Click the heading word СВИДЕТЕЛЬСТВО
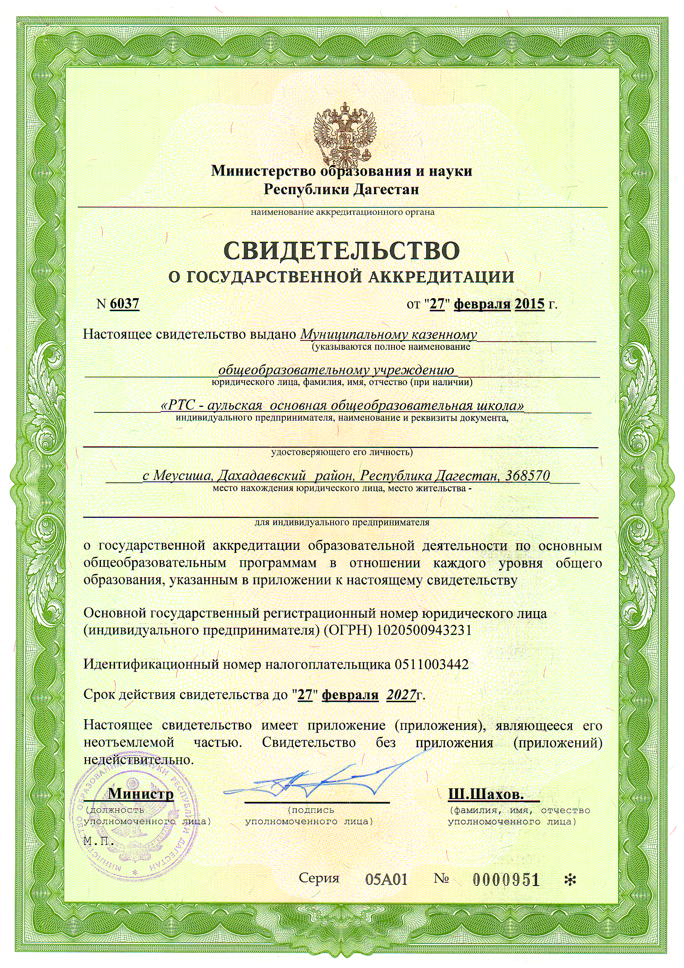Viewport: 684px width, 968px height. pyautogui.click(x=341, y=251)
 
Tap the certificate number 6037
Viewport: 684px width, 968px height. pyautogui.click(x=124, y=303)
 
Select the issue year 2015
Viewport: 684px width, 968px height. pyautogui.click(x=529, y=303)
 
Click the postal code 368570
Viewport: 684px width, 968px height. pyautogui.click(x=528, y=476)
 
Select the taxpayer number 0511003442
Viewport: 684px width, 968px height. pyautogui.click(x=432, y=665)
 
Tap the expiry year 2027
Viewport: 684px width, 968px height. pyautogui.click(x=401, y=694)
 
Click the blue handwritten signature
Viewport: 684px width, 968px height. pyautogui.click(x=320, y=778)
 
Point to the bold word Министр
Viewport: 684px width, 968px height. pyautogui.click(x=141, y=794)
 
